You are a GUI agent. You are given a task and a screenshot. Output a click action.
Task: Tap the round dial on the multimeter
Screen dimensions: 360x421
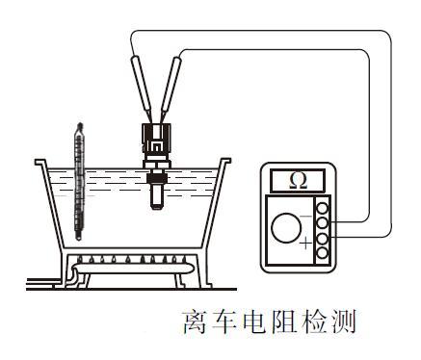(x=286, y=229)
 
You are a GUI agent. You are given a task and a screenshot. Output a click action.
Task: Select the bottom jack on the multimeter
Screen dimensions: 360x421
(x=324, y=253)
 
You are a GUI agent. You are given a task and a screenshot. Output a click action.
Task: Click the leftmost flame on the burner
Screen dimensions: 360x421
(x=80, y=259)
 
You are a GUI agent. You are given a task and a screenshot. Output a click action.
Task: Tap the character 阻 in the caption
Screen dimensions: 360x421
(x=280, y=323)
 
